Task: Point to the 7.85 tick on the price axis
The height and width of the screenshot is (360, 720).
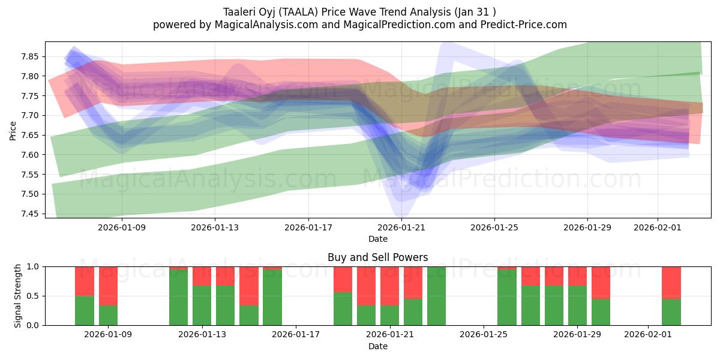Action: pyautogui.click(x=30, y=56)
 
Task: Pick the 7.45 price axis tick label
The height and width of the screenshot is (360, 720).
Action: pyautogui.click(x=30, y=214)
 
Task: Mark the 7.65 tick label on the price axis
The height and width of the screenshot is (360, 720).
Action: pyautogui.click(x=30, y=135)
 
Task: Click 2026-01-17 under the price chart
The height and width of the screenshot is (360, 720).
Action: pyautogui.click(x=308, y=227)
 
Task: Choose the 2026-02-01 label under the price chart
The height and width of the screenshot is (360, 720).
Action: pyautogui.click(x=658, y=227)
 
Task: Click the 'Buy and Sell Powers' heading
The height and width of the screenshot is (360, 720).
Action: pyautogui.click(x=377, y=257)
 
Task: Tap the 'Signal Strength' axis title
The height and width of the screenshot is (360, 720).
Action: pyautogui.click(x=18, y=296)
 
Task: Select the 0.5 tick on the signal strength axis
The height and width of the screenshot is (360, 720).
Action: pyautogui.click(x=34, y=296)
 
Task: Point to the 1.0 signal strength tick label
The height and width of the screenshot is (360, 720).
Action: pyautogui.click(x=34, y=266)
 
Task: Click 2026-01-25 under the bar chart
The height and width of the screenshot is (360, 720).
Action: pyautogui.click(x=484, y=335)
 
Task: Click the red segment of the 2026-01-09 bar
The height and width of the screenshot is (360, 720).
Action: pyautogui.click(x=108, y=286)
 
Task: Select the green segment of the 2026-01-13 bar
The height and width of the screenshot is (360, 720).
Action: pyautogui.click(x=202, y=305)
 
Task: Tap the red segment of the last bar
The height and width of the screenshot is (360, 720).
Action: pyautogui.click(x=671, y=282)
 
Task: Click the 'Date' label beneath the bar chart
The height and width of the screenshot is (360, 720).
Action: pyautogui.click(x=377, y=346)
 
